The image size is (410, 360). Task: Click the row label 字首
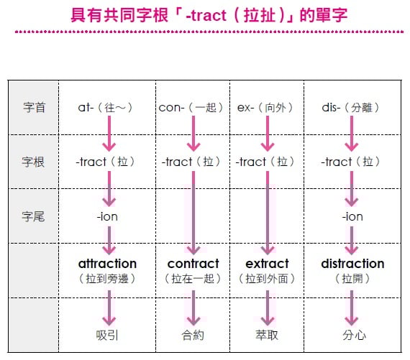(x=35, y=107)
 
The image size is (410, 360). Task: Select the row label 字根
(x=33, y=162)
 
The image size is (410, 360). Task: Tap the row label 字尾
(x=33, y=216)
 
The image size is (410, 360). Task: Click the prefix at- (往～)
(x=105, y=107)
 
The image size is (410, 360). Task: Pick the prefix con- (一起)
(x=191, y=107)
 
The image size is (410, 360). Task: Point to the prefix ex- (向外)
(x=265, y=107)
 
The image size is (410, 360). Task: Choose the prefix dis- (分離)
(x=350, y=107)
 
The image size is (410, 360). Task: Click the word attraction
(x=107, y=264)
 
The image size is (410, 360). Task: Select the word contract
(x=193, y=264)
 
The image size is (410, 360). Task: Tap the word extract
(x=268, y=264)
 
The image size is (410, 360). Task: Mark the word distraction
(x=352, y=264)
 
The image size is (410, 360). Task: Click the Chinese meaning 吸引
(x=107, y=335)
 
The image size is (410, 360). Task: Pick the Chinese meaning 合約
(x=193, y=335)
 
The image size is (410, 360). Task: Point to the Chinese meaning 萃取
(x=267, y=335)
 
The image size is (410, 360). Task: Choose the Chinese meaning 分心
(x=354, y=335)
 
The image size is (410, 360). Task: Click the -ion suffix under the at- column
(x=107, y=216)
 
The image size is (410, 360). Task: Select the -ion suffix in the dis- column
(x=352, y=216)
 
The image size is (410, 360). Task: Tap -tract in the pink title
(x=206, y=15)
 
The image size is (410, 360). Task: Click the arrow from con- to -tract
(x=193, y=134)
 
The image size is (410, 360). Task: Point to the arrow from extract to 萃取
(x=268, y=308)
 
